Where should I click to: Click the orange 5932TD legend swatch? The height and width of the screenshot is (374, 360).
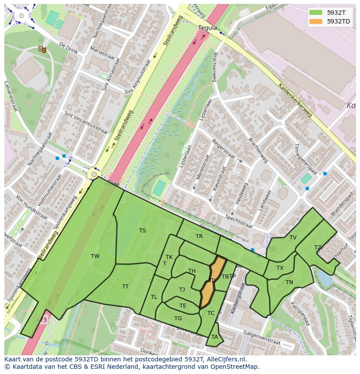point(316,21)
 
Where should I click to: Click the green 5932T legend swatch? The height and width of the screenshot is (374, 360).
point(316,13)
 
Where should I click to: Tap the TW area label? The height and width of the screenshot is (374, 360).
point(95,256)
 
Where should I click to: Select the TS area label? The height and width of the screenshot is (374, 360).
point(143,231)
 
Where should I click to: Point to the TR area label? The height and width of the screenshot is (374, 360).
point(199,236)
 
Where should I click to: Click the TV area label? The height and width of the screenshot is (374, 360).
point(293,238)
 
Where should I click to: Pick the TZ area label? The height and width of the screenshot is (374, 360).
point(318,248)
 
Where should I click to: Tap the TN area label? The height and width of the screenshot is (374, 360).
point(290,282)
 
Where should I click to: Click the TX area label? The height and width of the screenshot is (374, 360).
point(280,268)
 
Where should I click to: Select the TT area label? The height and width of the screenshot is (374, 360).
point(125,287)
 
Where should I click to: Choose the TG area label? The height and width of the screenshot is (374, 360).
point(178,318)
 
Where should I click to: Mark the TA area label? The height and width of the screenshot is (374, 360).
point(214,337)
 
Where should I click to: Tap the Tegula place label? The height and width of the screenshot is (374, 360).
point(207,27)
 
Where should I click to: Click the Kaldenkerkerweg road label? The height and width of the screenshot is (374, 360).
point(295,100)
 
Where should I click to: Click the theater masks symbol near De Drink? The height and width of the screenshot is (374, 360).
point(43,49)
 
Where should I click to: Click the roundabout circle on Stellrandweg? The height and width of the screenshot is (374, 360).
point(93,175)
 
